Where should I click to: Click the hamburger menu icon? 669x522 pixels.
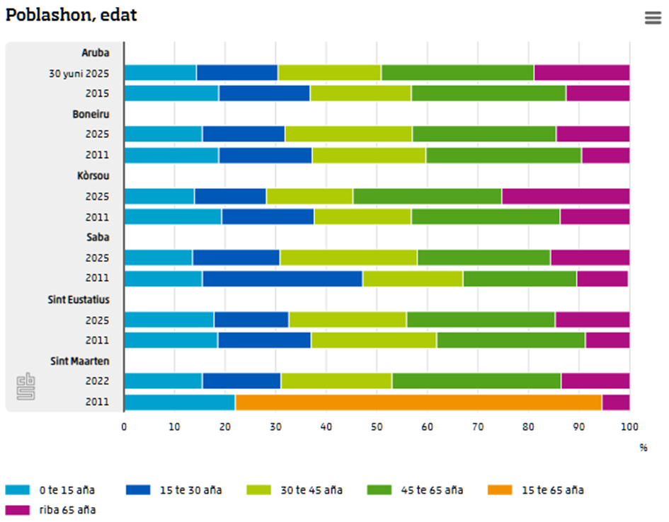(653, 18)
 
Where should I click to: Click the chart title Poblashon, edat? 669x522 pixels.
(72, 16)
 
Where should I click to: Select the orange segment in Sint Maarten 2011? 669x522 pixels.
(418, 402)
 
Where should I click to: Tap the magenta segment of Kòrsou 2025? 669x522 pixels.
(566, 197)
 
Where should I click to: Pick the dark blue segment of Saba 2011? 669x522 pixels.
(282, 279)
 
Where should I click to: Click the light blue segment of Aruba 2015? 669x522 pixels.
(171, 93)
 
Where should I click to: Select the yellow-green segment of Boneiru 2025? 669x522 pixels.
(348, 134)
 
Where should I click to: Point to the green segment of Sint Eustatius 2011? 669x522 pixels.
(511, 340)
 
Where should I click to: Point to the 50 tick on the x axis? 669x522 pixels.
(377, 427)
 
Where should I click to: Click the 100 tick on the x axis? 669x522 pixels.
(629, 427)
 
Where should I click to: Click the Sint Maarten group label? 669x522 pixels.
(79, 361)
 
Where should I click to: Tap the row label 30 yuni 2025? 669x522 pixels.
(79, 73)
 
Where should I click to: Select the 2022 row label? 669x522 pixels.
(97, 382)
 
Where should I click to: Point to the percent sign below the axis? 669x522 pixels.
(643, 448)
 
